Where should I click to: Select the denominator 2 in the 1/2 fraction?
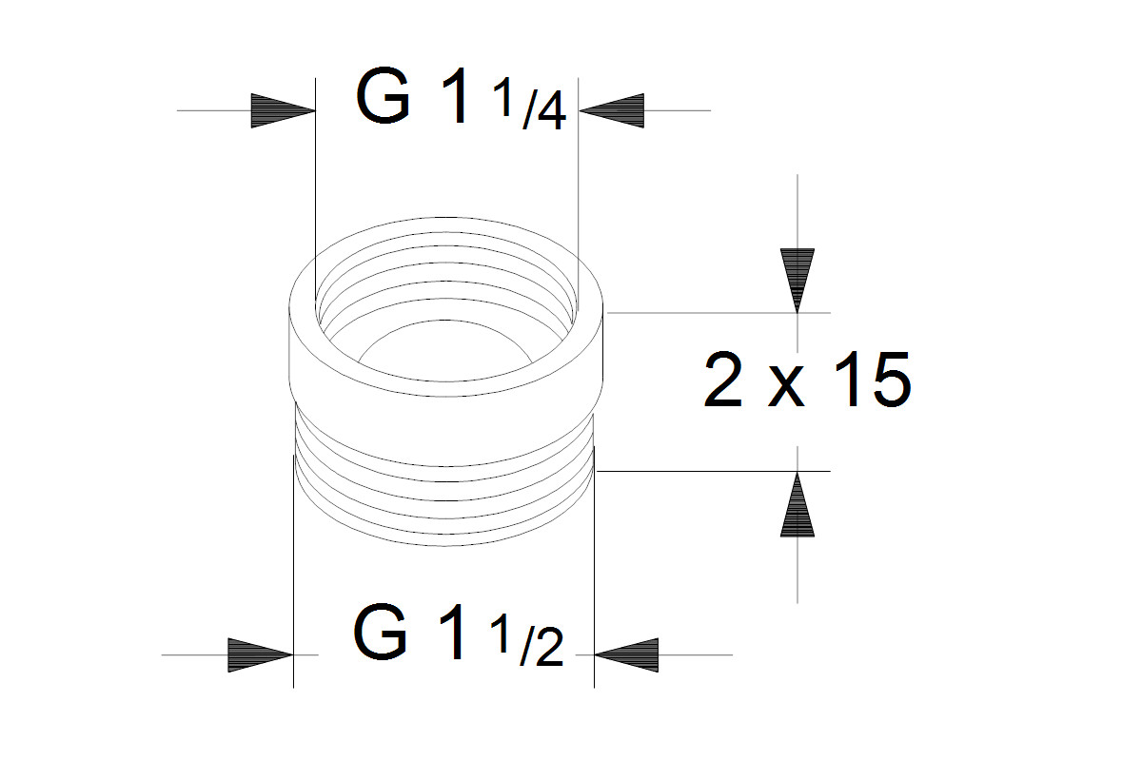pyautogui.click(x=546, y=650)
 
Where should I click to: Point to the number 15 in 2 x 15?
pyautogui.click(x=868, y=380)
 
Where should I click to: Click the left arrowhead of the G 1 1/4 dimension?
pyautogui.click(x=282, y=111)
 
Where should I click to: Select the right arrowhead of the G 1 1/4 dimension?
pyautogui.click(x=611, y=111)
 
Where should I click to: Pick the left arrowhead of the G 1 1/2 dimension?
pyautogui.click(x=259, y=655)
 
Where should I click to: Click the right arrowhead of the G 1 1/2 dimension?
pyautogui.click(x=626, y=655)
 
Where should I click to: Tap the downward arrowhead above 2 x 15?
pyautogui.click(x=797, y=280)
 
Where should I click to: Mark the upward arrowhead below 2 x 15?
pyautogui.click(x=797, y=504)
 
